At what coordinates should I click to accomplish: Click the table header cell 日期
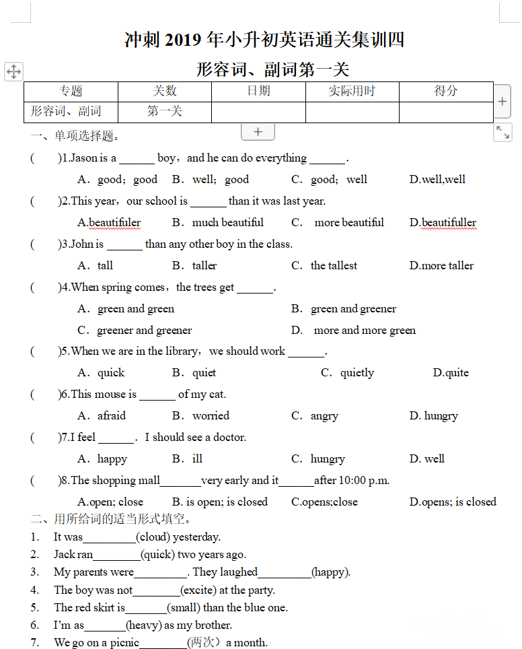pos(258,92)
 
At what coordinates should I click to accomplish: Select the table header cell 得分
pos(446,92)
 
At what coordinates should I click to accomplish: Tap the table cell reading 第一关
pos(164,112)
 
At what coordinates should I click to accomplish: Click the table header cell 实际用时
pos(352,92)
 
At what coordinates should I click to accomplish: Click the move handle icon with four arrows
pos(13,71)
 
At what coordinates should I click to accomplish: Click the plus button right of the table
pos(502,102)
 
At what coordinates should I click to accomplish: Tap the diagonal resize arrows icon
pos(502,132)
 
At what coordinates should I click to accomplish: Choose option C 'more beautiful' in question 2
pos(347,223)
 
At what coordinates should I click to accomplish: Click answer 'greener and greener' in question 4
pos(145,331)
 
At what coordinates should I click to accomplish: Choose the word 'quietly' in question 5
pos(357,373)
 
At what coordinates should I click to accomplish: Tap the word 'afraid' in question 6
pos(112,416)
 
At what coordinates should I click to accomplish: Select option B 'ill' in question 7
pos(197,459)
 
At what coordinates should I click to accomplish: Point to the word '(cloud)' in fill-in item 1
pos(153,537)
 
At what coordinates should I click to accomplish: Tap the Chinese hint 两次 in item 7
pos(203,643)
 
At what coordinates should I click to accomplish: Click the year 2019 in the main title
pos(183,40)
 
